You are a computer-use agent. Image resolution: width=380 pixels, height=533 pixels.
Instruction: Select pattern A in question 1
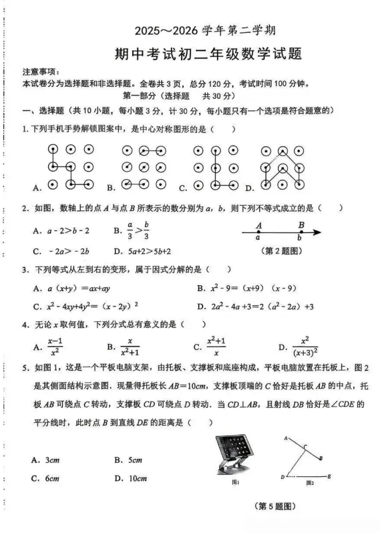[x=69, y=166]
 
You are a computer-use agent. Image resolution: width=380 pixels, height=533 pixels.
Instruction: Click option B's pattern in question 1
[x=143, y=166]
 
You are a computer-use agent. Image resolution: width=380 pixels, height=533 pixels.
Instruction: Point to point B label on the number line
[x=301, y=225]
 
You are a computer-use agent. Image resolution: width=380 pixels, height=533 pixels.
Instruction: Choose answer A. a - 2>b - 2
[x=60, y=230]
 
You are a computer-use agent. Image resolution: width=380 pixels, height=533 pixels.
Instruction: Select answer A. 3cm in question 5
[x=45, y=460]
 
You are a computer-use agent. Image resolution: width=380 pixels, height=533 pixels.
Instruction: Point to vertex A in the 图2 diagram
[x=285, y=437]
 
